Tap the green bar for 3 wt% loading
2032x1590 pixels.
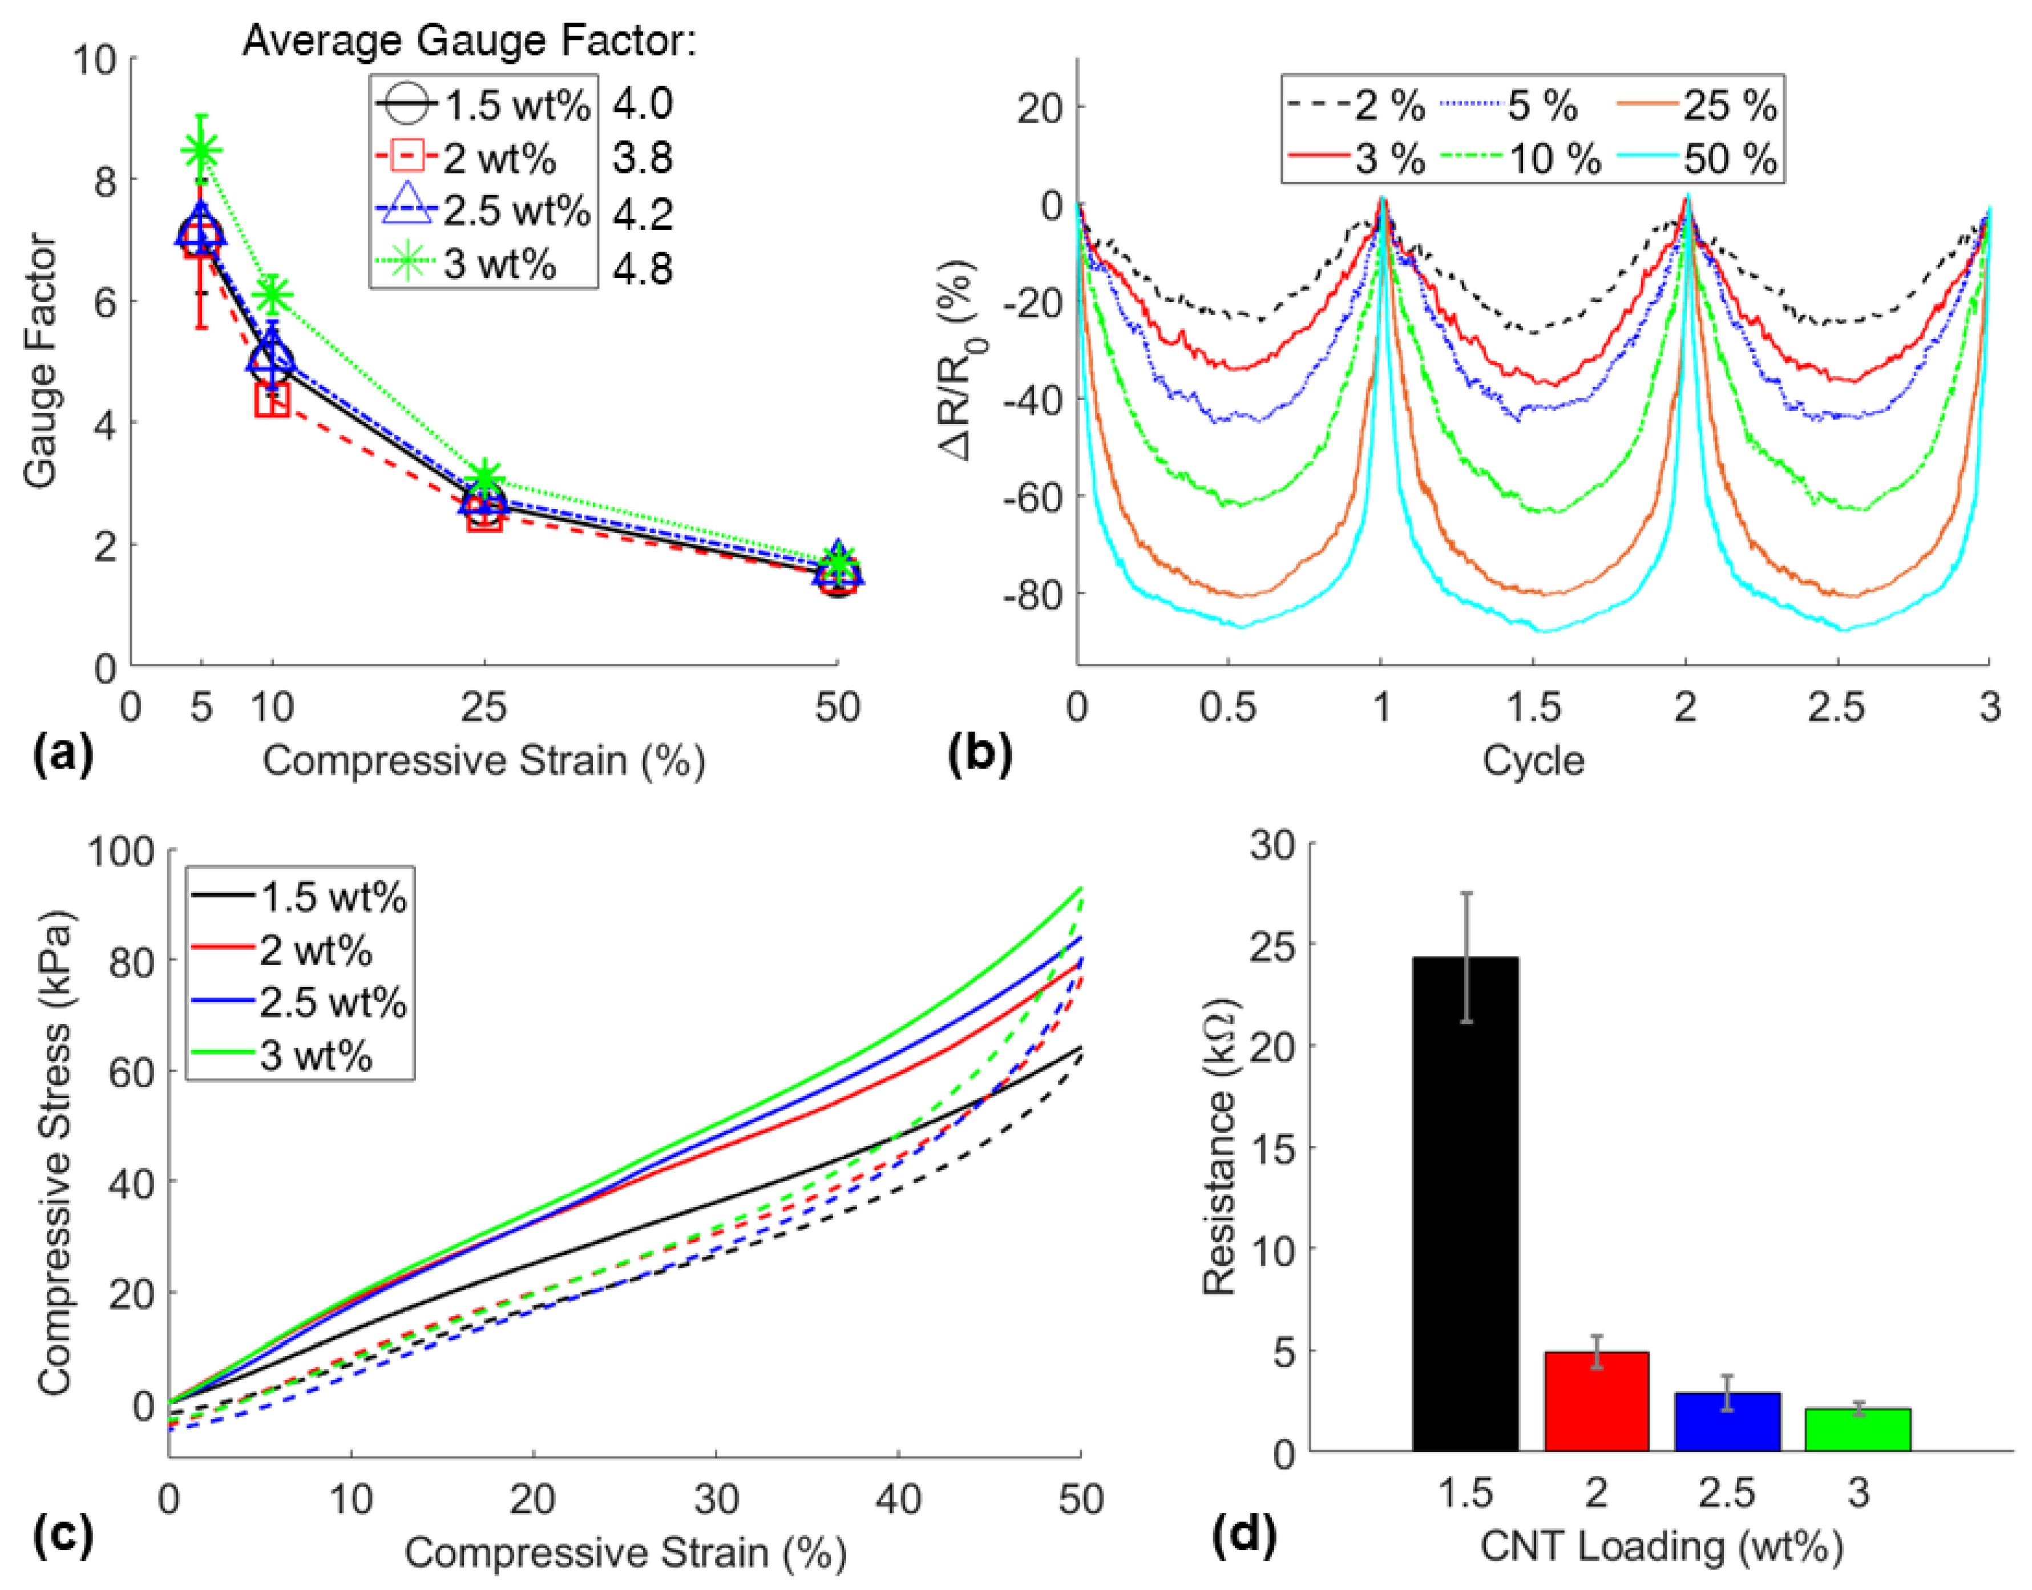point(1857,1429)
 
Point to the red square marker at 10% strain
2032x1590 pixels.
point(272,399)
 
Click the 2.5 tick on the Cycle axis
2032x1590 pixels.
point(1836,708)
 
